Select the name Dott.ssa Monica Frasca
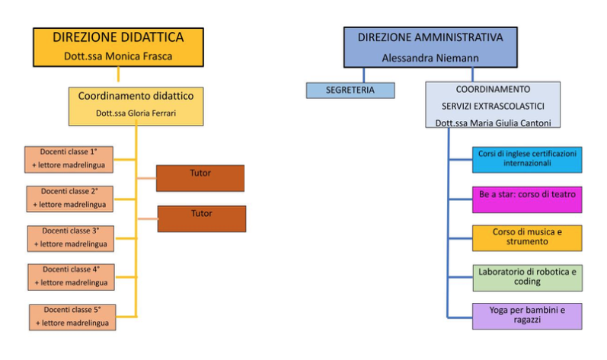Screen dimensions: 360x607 click(x=118, y=56)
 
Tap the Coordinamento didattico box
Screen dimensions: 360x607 click(x=136, y=97)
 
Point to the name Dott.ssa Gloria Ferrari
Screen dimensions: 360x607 click(x=136, y=113)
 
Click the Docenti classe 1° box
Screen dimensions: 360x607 click(x=69, y=158)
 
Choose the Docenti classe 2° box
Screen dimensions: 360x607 click(x=70, y=198)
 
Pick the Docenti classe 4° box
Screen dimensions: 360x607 click(x=72, y=276)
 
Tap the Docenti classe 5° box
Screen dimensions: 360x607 click(x=74, y=317)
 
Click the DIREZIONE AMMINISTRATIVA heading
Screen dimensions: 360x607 click(x=420, y=37)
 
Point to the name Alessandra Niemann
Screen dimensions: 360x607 click(x=420, y=56)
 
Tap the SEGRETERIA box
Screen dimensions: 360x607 click(x=351, y=91)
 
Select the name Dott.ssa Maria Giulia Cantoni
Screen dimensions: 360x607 click(x=493, y=122)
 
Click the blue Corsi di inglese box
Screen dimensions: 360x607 click(x=527, y=159)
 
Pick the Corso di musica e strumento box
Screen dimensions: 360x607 click(x=527, y=238)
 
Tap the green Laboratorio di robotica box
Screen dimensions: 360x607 click(x=527, y=277)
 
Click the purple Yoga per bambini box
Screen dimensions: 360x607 click(x=527, y=316)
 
